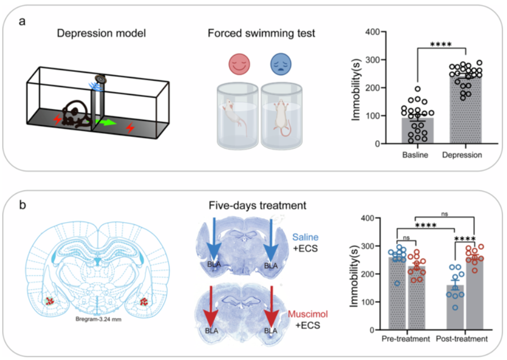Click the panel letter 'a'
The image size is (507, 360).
coord(22,22)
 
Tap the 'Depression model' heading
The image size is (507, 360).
coord(102,33)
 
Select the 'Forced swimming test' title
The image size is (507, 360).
coord(261,33)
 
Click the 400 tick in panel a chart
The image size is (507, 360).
coord(371,32)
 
